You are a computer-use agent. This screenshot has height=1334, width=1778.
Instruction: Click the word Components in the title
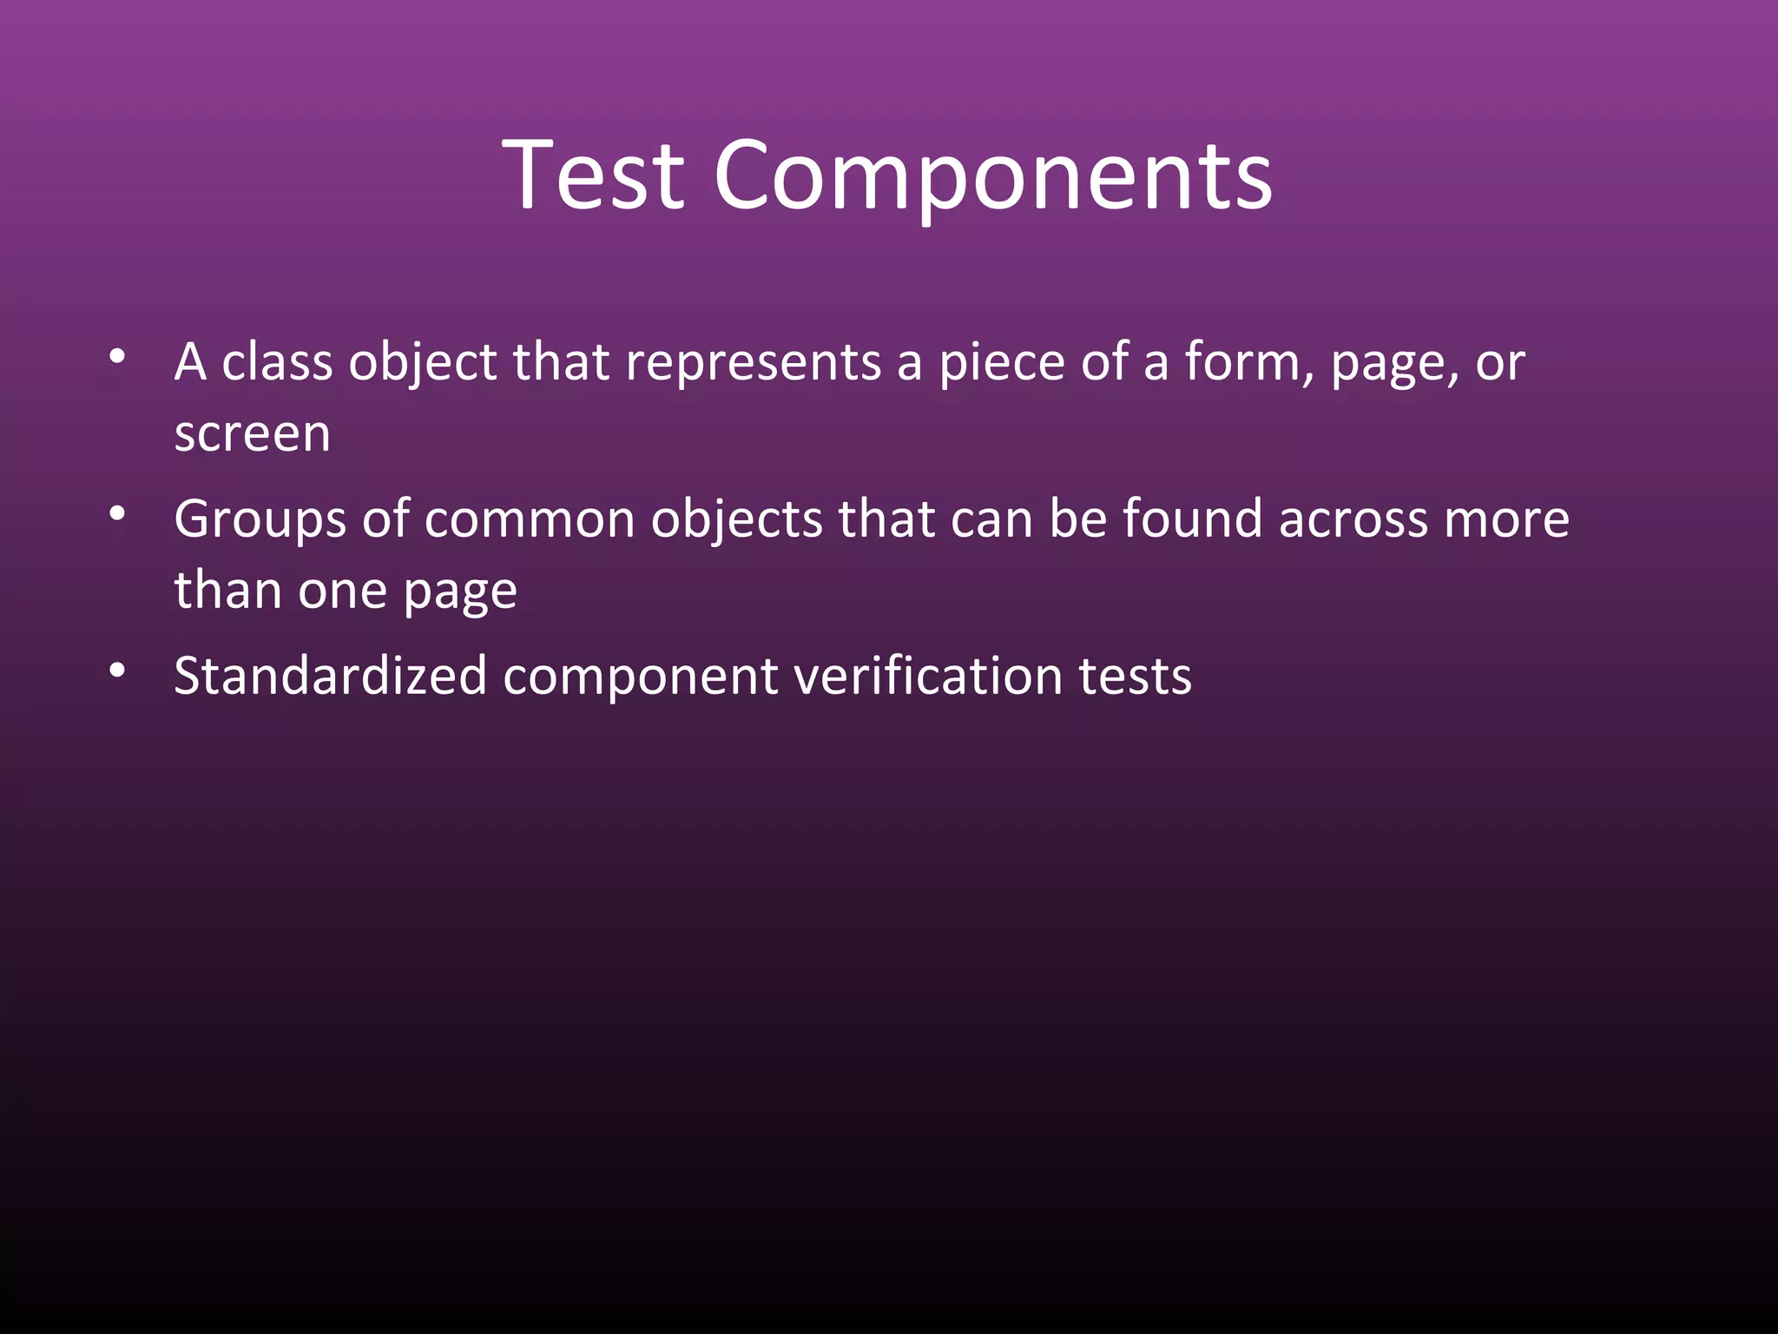click(993, 175)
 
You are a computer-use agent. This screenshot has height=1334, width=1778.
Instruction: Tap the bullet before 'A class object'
click(118, 356)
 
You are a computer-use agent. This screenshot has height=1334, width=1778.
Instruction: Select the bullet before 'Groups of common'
click(118, 513)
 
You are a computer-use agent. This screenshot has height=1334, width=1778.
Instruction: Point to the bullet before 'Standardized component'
click(118, 670)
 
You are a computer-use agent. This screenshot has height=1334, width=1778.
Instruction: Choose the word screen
click(252, 433)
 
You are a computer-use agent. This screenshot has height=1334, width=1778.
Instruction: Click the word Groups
click(260, 519)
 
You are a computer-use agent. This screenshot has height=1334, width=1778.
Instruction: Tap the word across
click(1353, 519)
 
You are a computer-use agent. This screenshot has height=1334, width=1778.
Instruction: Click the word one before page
click(342, 591)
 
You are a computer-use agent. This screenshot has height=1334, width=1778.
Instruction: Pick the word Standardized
click(330, 676)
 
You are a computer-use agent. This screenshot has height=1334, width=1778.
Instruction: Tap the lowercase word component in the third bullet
click(641, 676)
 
